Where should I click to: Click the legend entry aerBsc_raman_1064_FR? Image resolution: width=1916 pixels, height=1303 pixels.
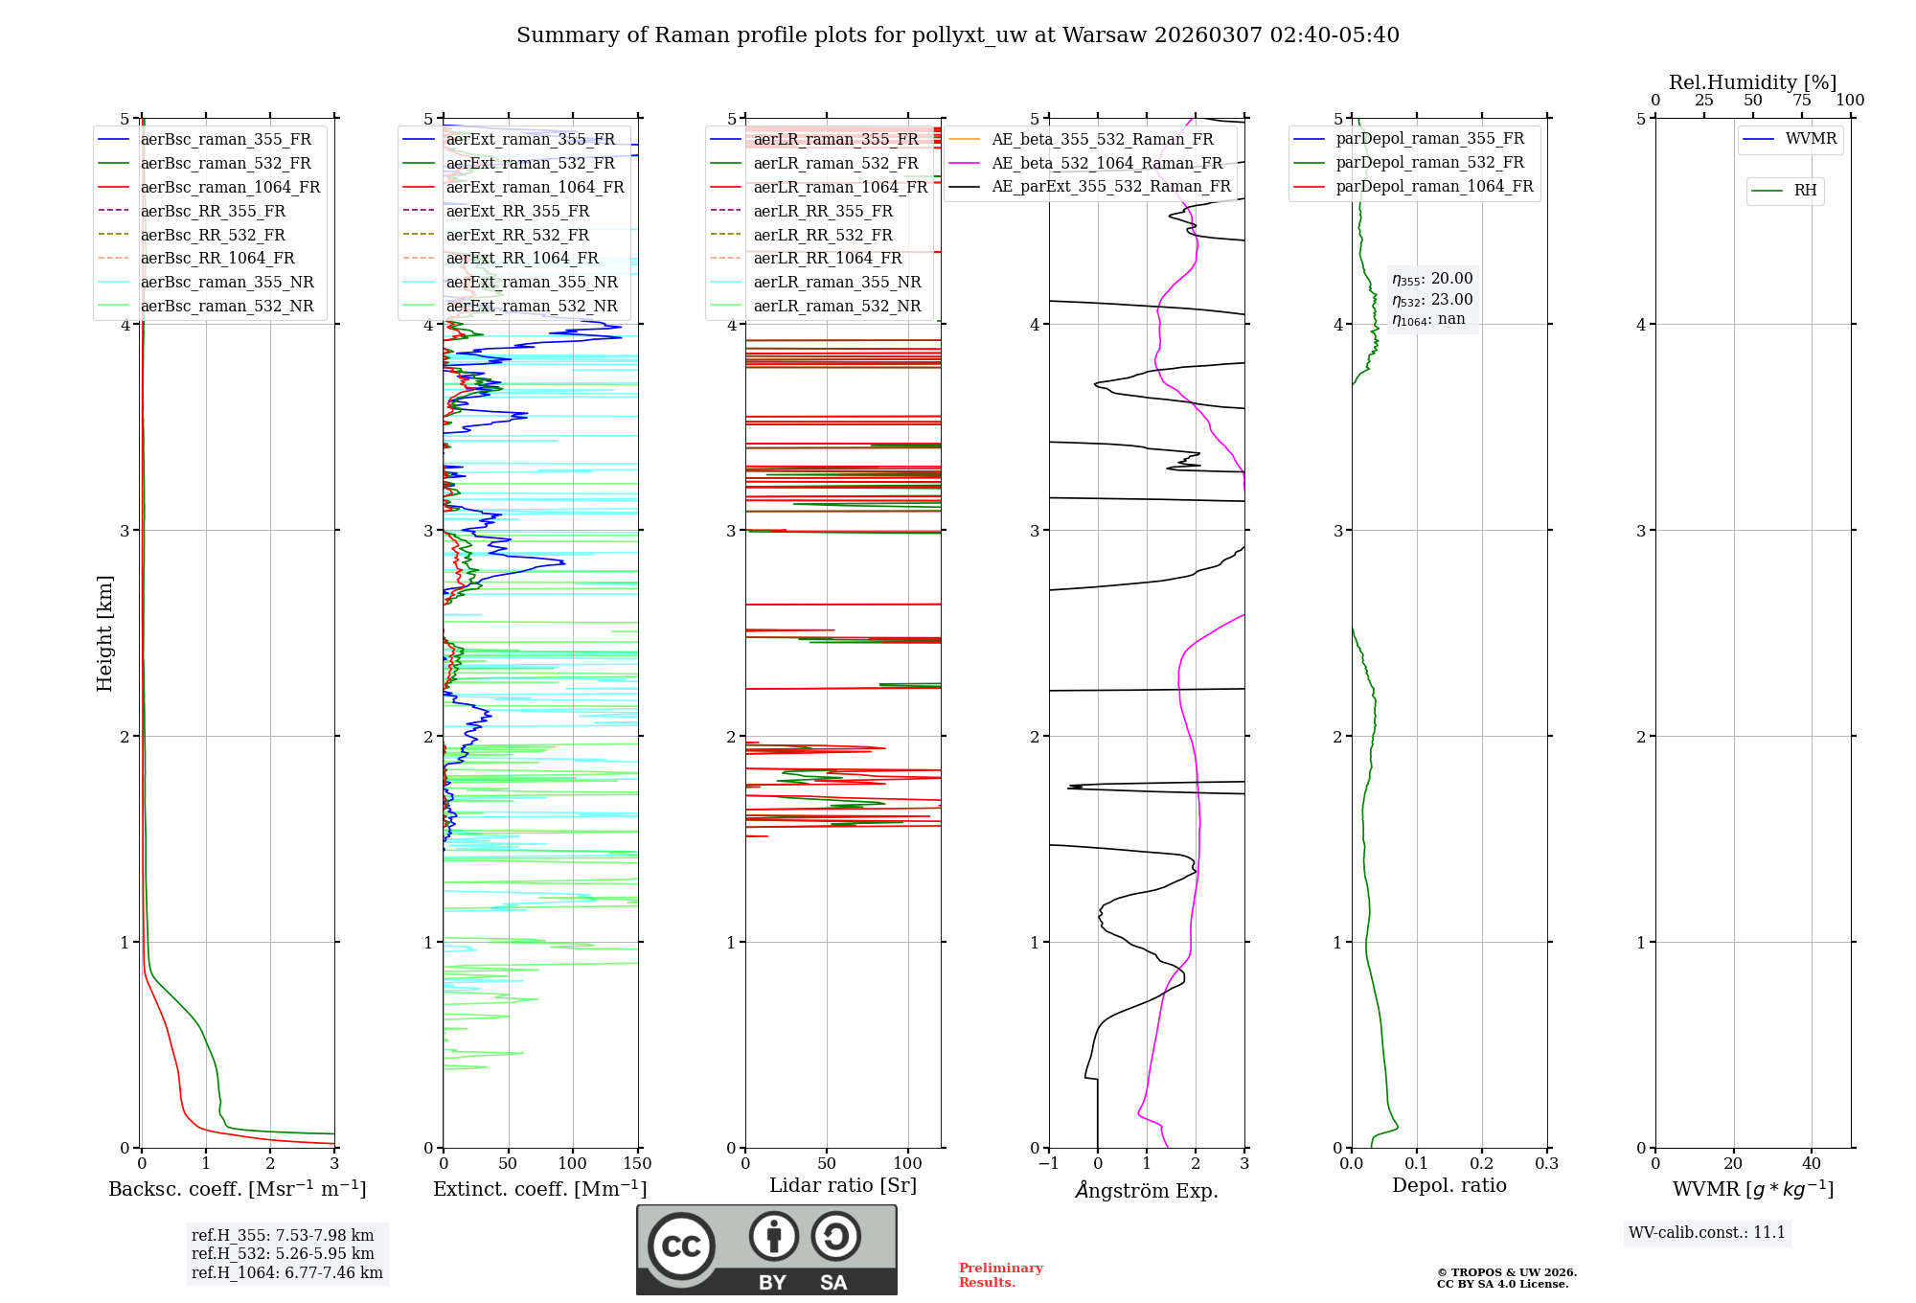[230, 187]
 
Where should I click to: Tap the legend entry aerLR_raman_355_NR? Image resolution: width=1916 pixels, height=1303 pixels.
[836, 282]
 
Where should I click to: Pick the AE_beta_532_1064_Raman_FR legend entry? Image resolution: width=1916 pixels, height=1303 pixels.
[1106, 163]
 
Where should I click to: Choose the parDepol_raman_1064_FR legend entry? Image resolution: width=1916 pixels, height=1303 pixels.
[1434, 186]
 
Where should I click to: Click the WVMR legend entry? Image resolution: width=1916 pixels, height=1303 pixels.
[1811, 139]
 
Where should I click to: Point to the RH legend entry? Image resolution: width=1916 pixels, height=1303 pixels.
[1805, 191]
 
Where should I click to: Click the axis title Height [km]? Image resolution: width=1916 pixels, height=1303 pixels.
[104, 632]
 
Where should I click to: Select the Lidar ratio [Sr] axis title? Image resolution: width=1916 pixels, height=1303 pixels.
[842, 1185]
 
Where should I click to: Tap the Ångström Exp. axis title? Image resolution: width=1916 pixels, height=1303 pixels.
[1147, 1190]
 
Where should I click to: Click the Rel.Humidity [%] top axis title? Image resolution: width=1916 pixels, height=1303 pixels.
[1752, 82]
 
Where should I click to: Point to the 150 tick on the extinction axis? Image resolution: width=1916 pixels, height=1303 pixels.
[637, 1164]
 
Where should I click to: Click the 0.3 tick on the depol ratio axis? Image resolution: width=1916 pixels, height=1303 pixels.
[1546, 1164]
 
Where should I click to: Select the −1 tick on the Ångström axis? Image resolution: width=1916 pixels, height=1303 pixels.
[1048, 1164]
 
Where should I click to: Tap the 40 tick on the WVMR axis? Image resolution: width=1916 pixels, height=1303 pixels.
[1811, 1164]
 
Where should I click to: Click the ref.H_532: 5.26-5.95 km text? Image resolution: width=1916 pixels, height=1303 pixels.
[283, 1253]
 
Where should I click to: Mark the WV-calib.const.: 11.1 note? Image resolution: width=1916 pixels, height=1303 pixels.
[1707, 1232]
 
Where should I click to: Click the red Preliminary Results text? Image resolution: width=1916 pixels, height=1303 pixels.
[1000, 1274]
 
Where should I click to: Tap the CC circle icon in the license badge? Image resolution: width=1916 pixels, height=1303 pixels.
[681, 1246]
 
